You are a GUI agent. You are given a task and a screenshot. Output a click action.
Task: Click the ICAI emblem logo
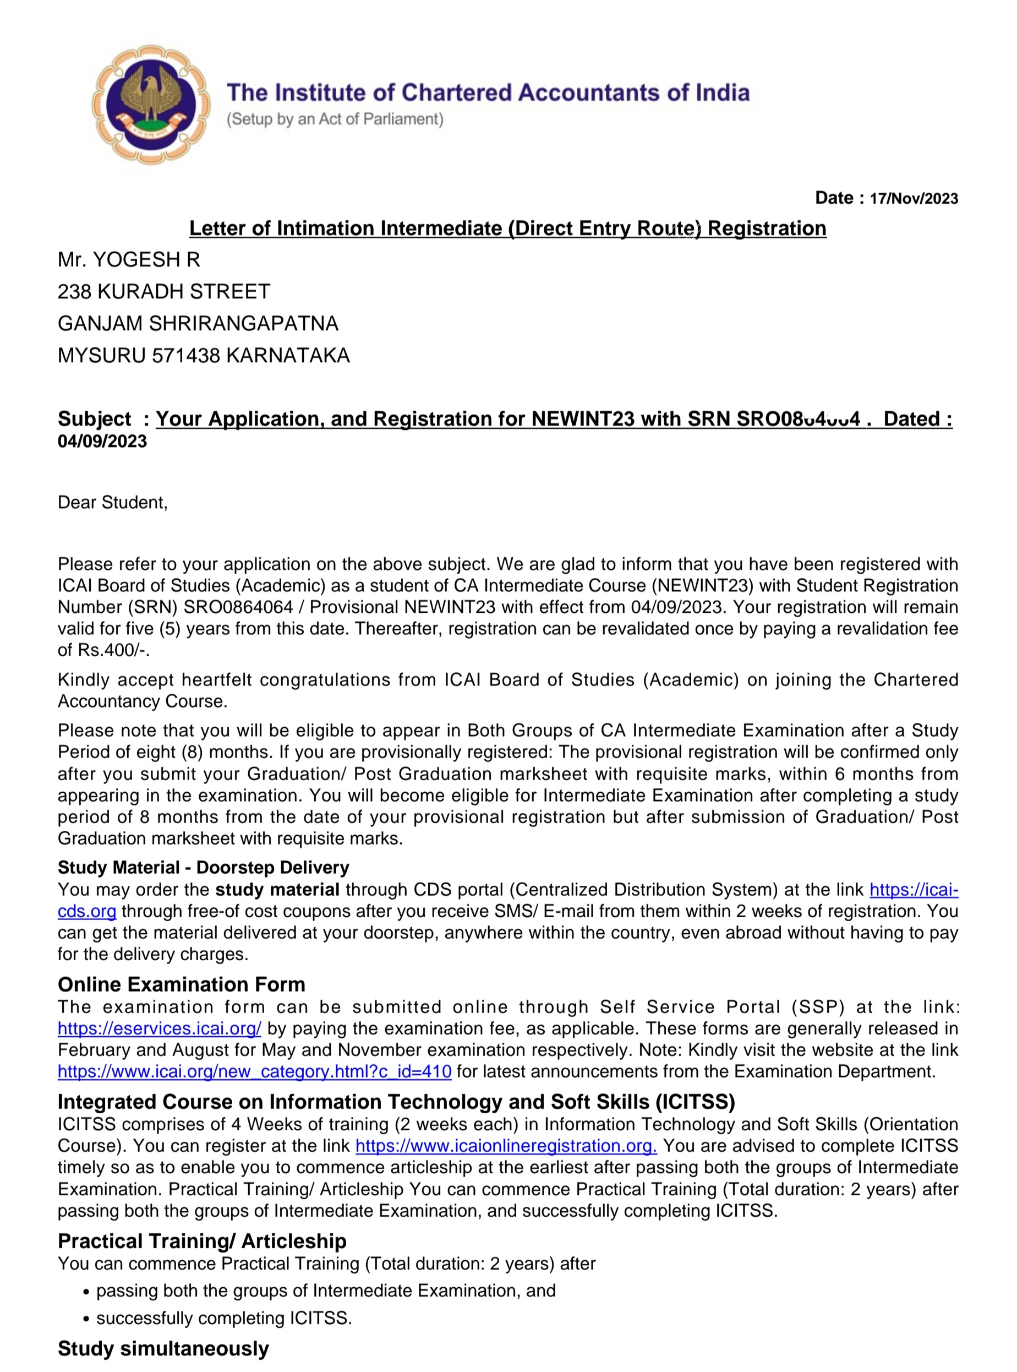pos(150,104)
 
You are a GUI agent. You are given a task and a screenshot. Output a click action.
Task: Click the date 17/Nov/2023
pos(914,198)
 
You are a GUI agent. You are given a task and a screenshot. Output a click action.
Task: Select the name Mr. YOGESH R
pos(129,260)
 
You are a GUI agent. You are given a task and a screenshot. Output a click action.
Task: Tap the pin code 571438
pos(186,356)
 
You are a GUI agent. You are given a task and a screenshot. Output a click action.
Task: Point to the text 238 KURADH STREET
pos(164,291)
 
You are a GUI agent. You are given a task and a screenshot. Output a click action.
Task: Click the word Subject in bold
pos(94,419)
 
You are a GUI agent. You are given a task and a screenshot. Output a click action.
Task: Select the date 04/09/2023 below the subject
pos(102,442)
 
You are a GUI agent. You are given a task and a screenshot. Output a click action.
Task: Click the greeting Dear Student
pos(112,503)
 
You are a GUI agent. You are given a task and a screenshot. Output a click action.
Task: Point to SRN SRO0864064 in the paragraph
pos(238,607)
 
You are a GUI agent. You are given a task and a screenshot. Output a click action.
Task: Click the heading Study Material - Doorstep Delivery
pos(203,867)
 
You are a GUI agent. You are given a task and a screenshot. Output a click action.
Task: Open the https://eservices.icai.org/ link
pos(160,1028)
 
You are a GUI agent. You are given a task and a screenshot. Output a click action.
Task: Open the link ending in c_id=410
pos(254,1071)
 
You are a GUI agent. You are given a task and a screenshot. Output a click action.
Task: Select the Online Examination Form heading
pos(182,984)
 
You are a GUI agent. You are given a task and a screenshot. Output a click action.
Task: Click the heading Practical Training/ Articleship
pos(202,1240)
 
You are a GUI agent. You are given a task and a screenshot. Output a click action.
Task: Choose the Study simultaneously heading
pos(163,1348)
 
